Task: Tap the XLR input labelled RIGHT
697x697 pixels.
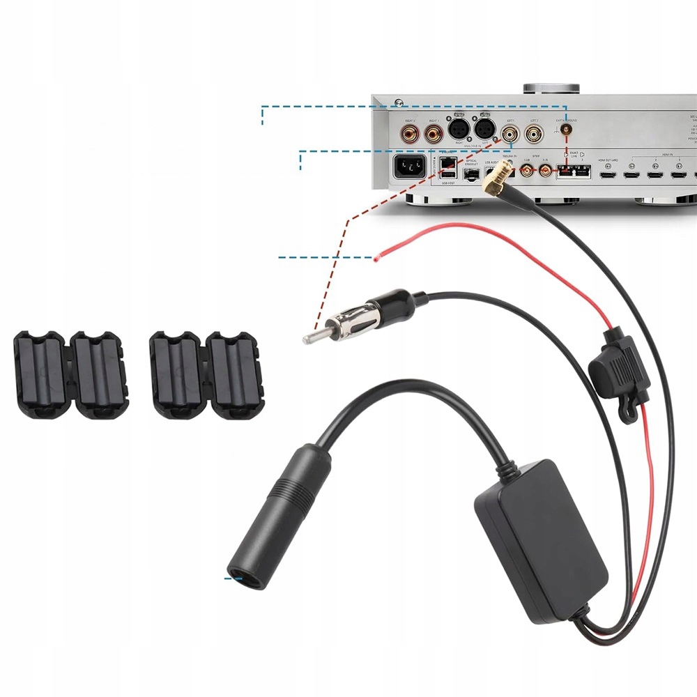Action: tap(457, 129)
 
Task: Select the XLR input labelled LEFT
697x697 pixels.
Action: tap(484, 129)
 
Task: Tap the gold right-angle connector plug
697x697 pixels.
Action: tap(498, 180)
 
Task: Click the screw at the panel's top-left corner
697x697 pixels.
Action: tap(397, 103)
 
